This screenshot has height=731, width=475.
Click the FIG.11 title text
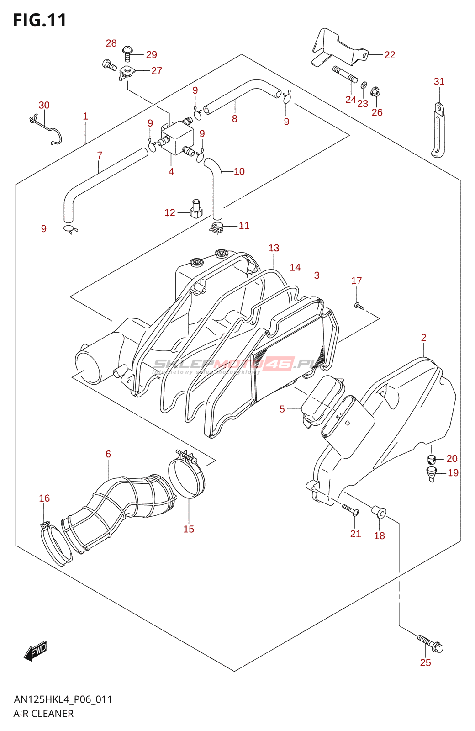[40, 21]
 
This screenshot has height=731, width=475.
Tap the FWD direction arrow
[36, 651]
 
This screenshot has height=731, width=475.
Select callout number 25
[425, 662]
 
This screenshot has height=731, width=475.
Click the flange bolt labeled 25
[430, 642]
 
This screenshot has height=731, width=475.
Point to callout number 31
[439, 81]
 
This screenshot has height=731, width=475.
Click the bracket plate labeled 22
[339, 48]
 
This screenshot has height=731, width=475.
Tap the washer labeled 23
[364, 85]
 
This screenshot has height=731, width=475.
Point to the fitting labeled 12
[196, 209]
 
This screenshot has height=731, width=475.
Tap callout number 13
[274, 248]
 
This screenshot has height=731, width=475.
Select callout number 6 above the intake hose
[108, 454]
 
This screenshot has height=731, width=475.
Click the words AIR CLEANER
[43, 714]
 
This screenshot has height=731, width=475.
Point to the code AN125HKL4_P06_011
[63, 699]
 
